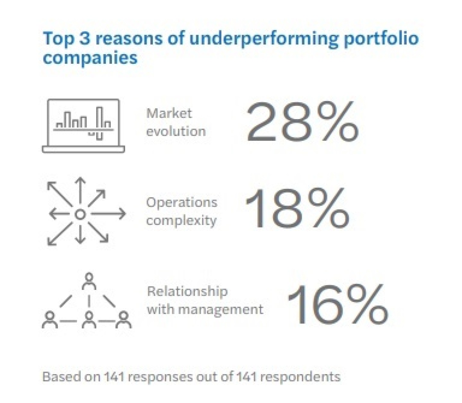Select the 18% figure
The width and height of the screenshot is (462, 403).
(x=297, y=209)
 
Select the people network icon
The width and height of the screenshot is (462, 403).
(x=87, y=302)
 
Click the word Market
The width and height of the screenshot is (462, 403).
(x=169, y=113)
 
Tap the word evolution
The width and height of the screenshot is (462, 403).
(x=176, y=131)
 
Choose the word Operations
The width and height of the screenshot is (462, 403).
(x=182, y=202)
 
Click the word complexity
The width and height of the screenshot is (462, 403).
(x=181, y=221)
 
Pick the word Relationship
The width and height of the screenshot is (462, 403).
(x=187, y=291)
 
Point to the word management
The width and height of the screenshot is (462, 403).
(x=221, y=310)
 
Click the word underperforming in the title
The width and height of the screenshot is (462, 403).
(x=263, y=39)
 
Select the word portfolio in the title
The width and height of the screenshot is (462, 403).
(x=381, y=39)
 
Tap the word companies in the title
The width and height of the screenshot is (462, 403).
(x=90, y=58)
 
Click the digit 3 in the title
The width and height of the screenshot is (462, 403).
(x=85, y=38)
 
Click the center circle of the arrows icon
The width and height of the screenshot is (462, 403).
(x=80, y=214)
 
